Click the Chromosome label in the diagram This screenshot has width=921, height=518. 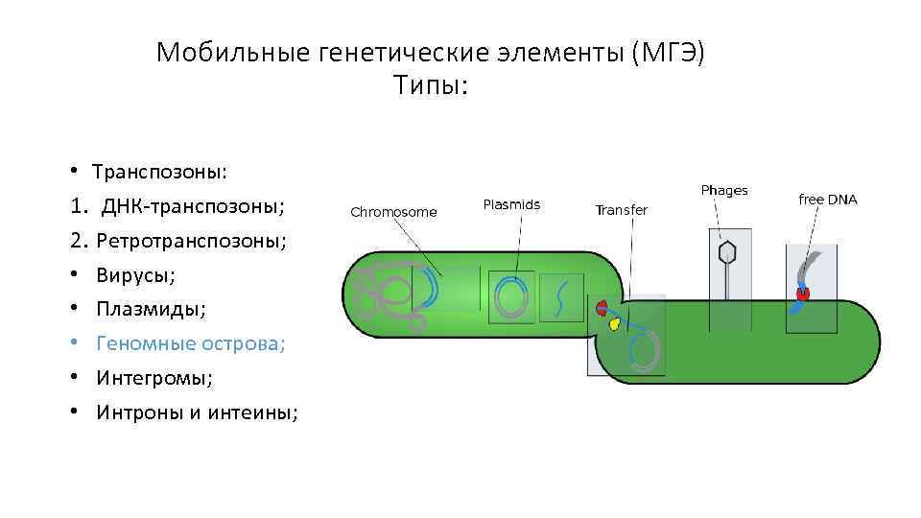(393, 212)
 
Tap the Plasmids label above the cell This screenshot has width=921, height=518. (511, 204)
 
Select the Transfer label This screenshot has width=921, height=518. (621, 210)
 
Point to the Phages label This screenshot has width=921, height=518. (724, 191)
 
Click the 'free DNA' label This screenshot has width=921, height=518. (828, 200)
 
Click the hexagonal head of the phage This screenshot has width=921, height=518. (728, 252)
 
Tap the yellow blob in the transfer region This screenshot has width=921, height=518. (614, 324)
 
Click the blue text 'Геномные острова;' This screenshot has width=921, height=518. (190, 343)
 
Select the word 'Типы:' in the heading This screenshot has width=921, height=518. (431, 86)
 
